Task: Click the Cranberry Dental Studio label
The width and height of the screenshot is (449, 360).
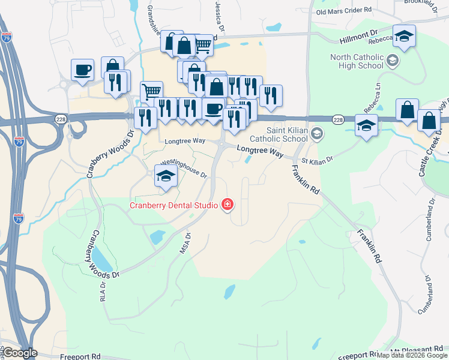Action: click(173, 205)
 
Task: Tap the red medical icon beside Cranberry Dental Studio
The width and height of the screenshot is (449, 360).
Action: click(227, 205)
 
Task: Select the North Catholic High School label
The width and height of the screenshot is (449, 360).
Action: click(357, 61)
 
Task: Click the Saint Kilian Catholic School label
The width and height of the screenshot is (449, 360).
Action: click(286, 134)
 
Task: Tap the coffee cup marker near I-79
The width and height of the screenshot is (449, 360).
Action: click(82, 70)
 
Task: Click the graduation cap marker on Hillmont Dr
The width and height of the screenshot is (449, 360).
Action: click(404, 36)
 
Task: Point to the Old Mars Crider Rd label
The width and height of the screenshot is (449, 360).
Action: click(344, 11)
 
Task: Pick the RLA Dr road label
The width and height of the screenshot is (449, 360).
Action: click(102, 291)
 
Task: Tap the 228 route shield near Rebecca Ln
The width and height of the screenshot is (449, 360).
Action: click(338, 120)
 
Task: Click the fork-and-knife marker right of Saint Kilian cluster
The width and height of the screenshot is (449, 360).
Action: click(271, 95)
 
